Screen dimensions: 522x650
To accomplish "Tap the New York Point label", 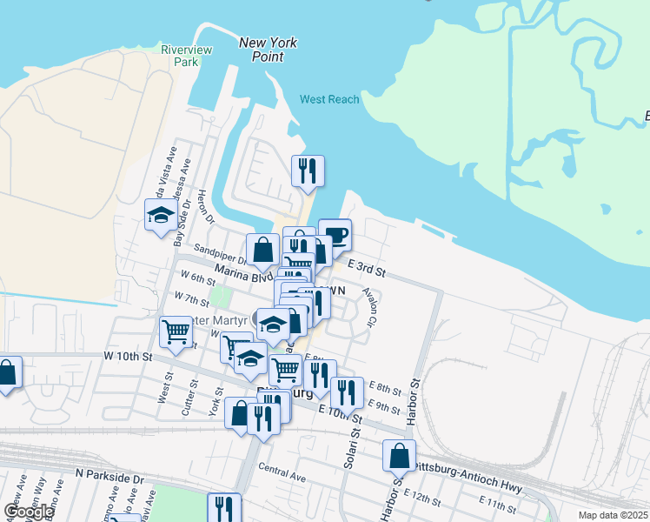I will pyautogui.click(x=268, y=50).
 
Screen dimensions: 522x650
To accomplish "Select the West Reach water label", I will pyautogui.click(x=329, y=99).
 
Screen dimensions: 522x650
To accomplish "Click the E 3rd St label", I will pyautogui.click(x=365, y=268).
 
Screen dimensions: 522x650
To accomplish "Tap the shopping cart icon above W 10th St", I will pyautogui.click(x=176, y=331).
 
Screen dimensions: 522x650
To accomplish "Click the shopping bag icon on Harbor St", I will pyautogui.click(x=399, y=454).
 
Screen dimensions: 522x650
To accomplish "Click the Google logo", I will pyautogui.click(x=28, y=512).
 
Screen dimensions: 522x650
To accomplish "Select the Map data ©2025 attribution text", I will pyautogui.click(x=614, y=515).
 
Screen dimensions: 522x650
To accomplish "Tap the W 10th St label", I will pyautogui.click(x=128, y=357).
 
